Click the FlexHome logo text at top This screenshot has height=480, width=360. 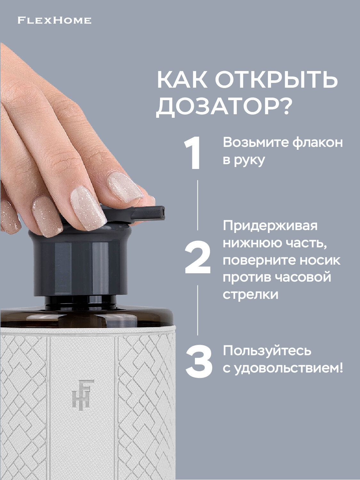[54, 21]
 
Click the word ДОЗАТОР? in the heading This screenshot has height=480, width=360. [223, 107]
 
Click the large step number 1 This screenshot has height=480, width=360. [193, 153]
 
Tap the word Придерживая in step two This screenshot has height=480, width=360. [270, 226]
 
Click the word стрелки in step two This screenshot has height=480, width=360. [250, 294]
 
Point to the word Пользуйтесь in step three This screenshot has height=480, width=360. [267, 351]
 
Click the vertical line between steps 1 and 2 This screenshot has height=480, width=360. [197, 205]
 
